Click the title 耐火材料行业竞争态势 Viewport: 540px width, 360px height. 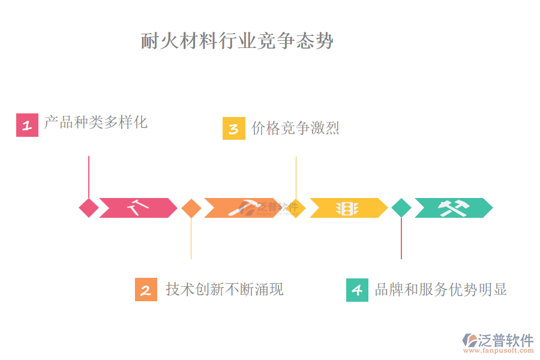tap(237, 41)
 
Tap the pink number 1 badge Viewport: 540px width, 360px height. tap(27, 125)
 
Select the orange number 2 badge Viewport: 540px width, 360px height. tap(146, 290)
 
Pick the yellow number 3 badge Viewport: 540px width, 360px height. tap(233, 128)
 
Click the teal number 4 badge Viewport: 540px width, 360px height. tap(357, 290)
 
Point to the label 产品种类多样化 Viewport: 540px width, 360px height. tap(96, 123)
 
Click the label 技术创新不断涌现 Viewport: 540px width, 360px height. tap(224, 289)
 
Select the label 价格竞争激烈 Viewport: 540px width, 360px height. tap(295, 128)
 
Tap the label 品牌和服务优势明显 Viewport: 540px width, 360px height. tap(441, 289)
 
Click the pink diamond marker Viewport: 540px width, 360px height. tap(89, 208)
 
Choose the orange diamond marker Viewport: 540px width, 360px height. tap(191, 208)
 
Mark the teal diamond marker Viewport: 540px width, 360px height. tap(401, 208)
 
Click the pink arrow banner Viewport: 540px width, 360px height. tap(139, 208)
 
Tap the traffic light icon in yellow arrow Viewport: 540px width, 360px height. tap(347, 208)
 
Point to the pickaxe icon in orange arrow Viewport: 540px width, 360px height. tap(242, 208)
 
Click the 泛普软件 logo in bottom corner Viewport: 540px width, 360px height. tap(498, 340)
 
